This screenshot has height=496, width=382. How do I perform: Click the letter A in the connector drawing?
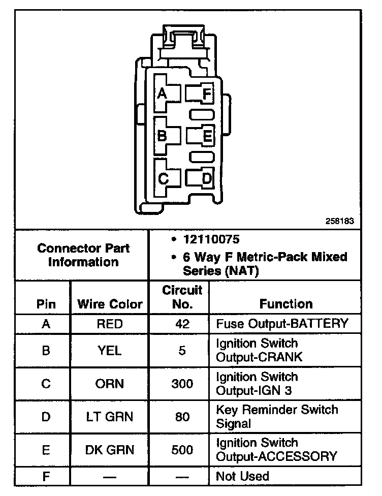pos(162,94)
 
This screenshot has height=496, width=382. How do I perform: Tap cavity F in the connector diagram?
pos(206,94)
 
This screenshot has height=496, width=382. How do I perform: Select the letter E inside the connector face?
pos(207,136)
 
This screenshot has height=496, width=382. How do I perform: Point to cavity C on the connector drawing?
pos(163,178)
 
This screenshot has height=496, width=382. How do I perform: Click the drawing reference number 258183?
pos(339,222)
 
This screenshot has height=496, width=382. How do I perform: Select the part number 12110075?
pos(211,239)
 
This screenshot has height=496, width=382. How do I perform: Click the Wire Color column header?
pos(110,304)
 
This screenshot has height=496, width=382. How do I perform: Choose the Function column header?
pos(286,304)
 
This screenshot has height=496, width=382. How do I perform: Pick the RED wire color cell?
pos(110,323)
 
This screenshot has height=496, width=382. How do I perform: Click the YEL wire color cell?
pos(110,350)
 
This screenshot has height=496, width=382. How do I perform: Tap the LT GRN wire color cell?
pos(110,416)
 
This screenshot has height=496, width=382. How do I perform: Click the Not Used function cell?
pos(243,476)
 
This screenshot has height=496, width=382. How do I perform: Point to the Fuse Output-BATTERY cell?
pos(282,323)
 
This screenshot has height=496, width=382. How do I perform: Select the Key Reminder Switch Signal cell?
pos(277,416)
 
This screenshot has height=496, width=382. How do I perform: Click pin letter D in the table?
pos(46,416)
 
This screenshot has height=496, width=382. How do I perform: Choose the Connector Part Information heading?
pos(83,255)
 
